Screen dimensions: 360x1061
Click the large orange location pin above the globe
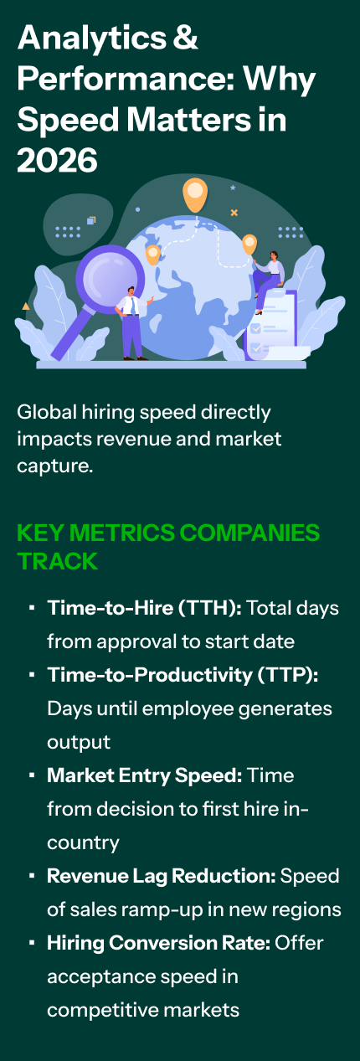pyautogui.click(x=195, y=194)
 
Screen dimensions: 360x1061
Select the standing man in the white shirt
pyautogui.click(x=133, y=323)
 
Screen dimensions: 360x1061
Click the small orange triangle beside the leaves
pyautogui.click(x=26, y=306)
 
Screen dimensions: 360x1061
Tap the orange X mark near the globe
pyautogui.click(x=234, y=213)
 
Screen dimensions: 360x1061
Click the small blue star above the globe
pyautogui.click(x=233, y=188)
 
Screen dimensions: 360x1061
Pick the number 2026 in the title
pyautogui.click(x=57, y=160)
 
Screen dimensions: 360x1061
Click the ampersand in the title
pyautogui.click(x=185, y=38)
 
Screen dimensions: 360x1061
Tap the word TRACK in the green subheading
pyautogui.click(x=57, y=561)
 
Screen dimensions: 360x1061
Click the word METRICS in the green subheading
pyautogui.click(x=122, y=533)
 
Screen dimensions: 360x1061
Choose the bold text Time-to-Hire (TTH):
pyautogui.click(x=145, y=608)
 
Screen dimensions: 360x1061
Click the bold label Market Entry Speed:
pyautogui.click(x=145, y=775)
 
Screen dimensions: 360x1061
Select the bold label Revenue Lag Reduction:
pyautogui.click(x=162, y=876)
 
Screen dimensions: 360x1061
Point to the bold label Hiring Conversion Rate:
pyautogui.click(x=159, y=943)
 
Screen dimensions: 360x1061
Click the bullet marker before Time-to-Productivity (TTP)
pyautogui.click(x=32, y=674)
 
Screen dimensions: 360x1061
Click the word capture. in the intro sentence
pyautogui.click(x=55, y=466)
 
